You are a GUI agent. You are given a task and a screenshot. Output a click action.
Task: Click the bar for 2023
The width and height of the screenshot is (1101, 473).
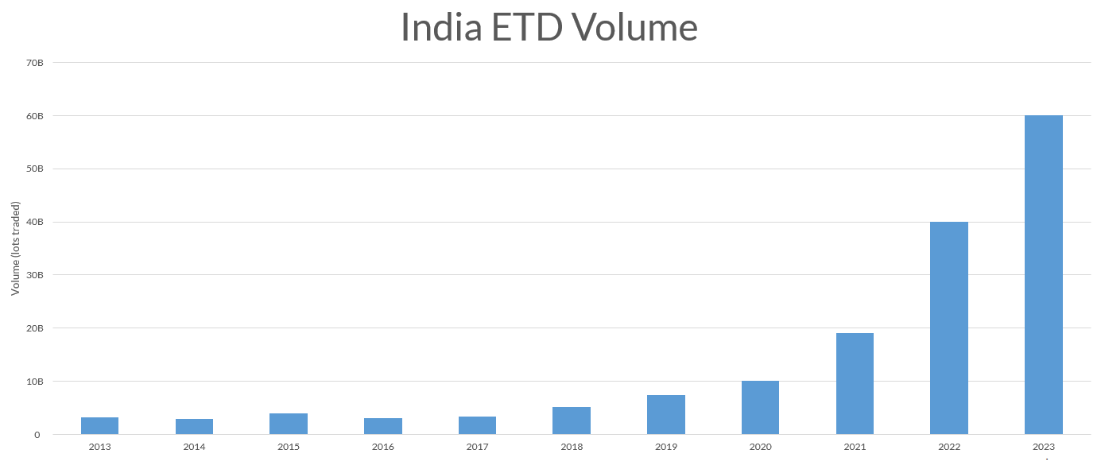click(x=1043, y=274)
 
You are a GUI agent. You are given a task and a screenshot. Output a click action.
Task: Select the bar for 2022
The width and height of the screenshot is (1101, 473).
click(x=948, y=328)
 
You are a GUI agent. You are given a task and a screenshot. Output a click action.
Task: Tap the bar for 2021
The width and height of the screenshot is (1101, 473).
click(x=855, y=383)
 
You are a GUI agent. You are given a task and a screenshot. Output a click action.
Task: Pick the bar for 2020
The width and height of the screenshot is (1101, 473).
click(x=760, y=407)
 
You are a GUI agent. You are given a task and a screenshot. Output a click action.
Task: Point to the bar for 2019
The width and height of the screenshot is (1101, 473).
click(x=665, y=414)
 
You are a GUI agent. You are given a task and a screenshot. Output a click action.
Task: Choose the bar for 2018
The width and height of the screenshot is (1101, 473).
click(x=571, y=421)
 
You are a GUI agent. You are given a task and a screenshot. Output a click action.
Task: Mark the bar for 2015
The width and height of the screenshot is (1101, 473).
click(x=288, y=424)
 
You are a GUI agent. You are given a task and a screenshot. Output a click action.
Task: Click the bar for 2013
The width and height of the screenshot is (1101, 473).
click(x=99, y=425)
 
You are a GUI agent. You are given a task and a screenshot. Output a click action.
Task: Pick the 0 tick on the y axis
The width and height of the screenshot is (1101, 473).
click(x=37, y=435)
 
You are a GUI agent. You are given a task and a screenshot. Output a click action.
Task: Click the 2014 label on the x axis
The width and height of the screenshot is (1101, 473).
click(x=194, y=447)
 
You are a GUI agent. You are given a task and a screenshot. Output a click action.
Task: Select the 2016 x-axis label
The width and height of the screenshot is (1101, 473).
click(x=382, y=447)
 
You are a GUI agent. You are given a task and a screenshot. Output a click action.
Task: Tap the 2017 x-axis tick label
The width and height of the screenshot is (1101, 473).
click(x=477, y=447)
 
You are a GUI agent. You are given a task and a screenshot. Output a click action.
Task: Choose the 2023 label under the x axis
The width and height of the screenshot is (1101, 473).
click(x=1043, y=447)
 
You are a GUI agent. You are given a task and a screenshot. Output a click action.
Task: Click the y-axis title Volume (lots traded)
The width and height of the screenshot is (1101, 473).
click(x=16, y=248)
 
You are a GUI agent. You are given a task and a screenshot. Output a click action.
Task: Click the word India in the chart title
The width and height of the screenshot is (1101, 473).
click(x=441, y=27)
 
